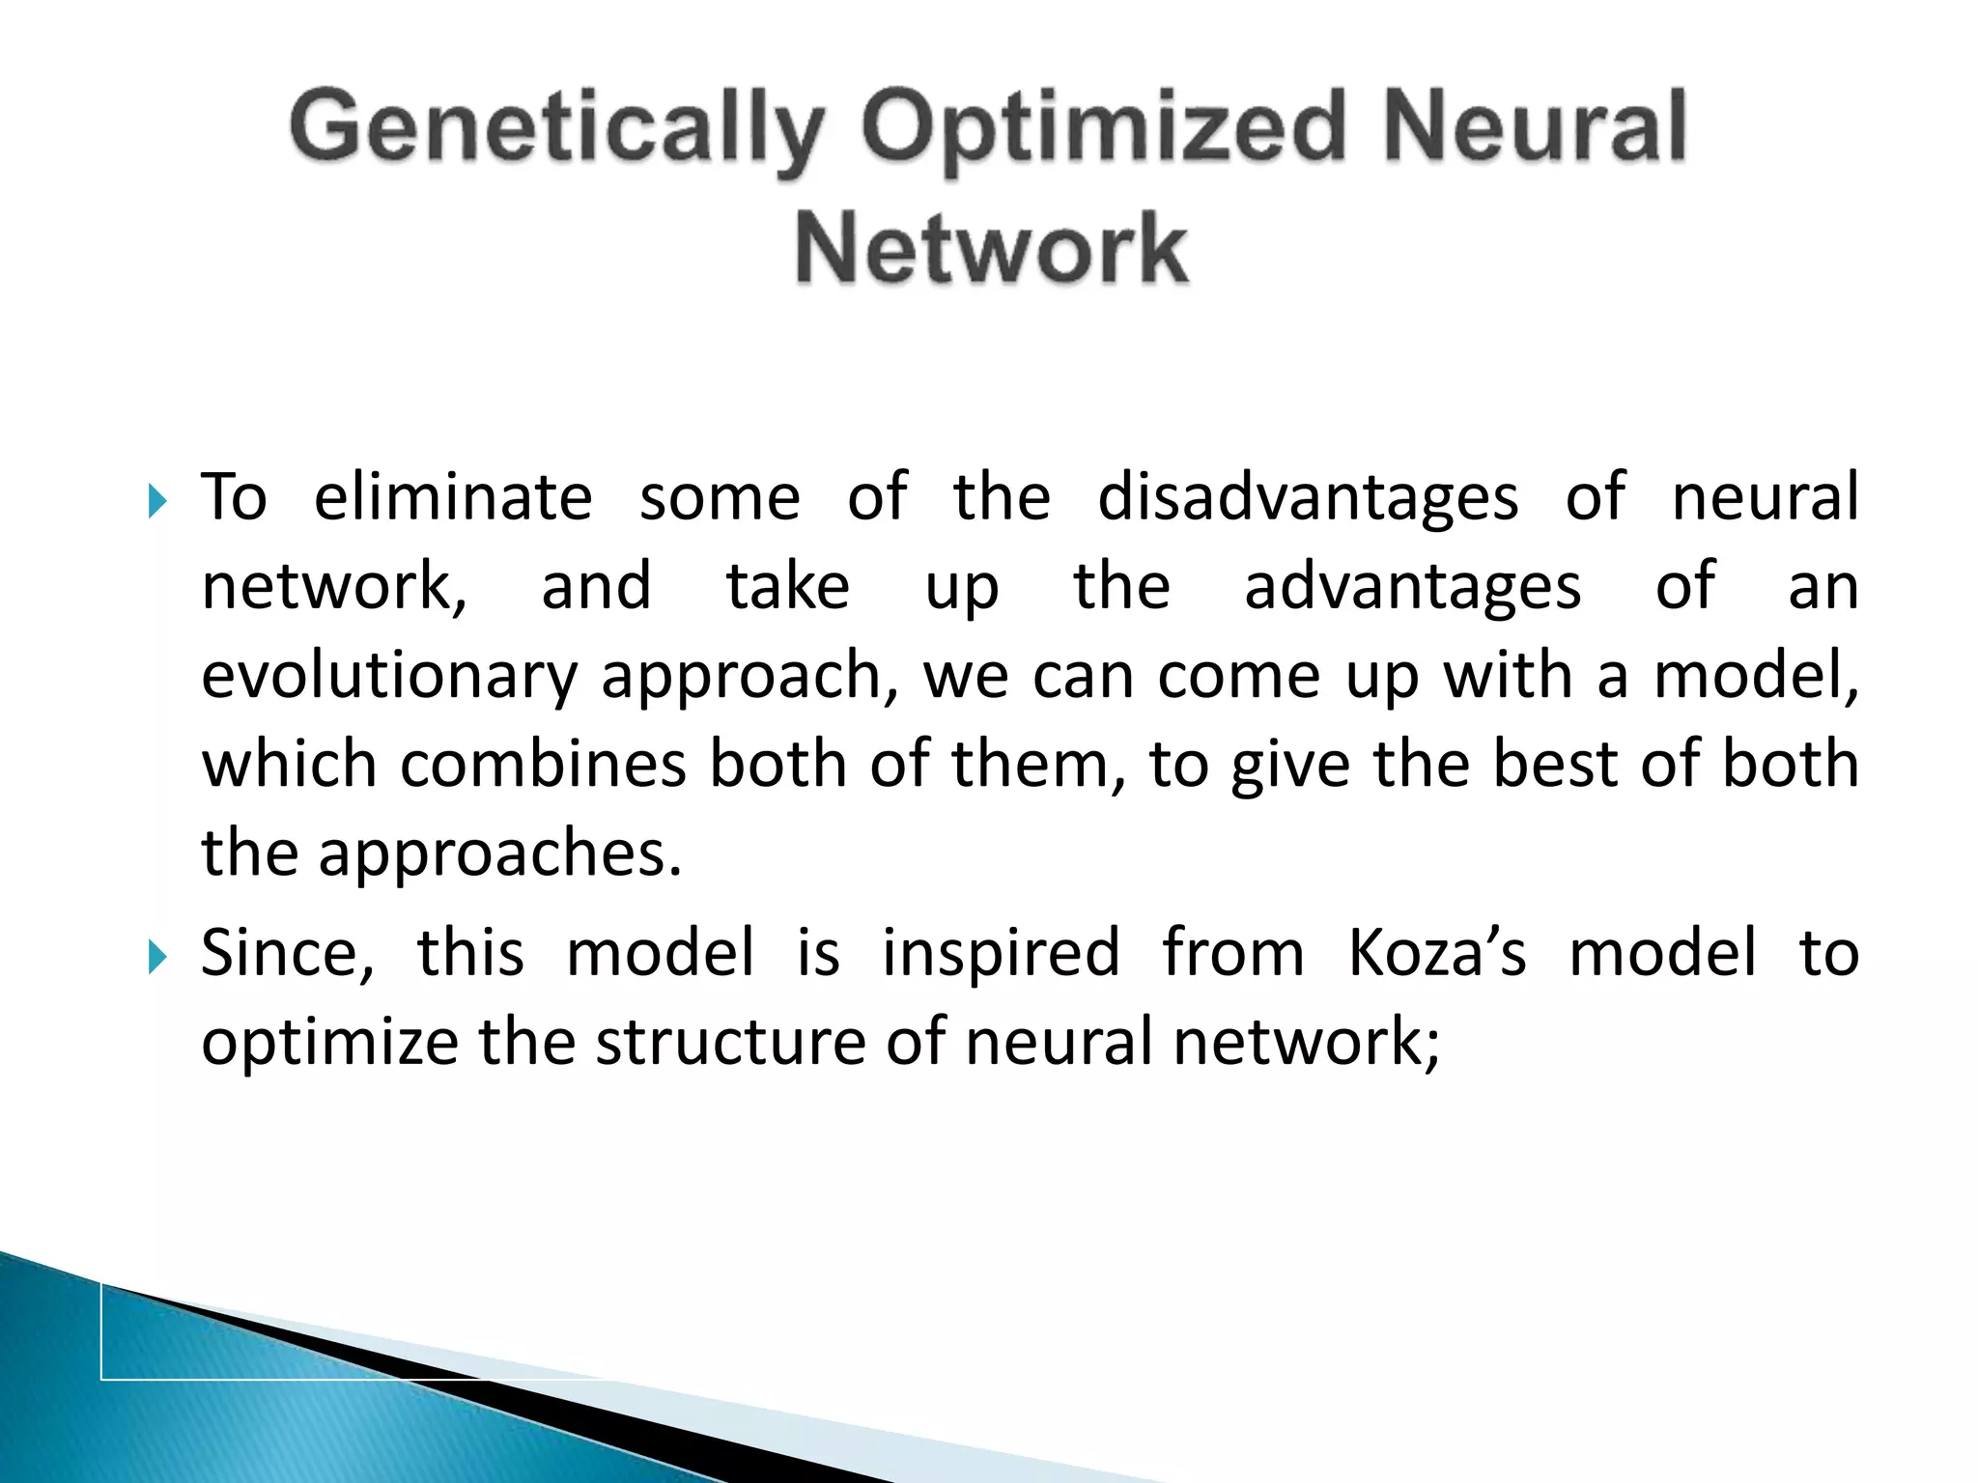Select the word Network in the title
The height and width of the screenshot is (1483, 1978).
point(990,249)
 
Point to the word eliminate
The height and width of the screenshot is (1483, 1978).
point(453,498)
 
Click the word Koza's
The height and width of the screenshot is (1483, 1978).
point(1436,954)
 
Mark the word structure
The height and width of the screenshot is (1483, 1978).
point(730,1043)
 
